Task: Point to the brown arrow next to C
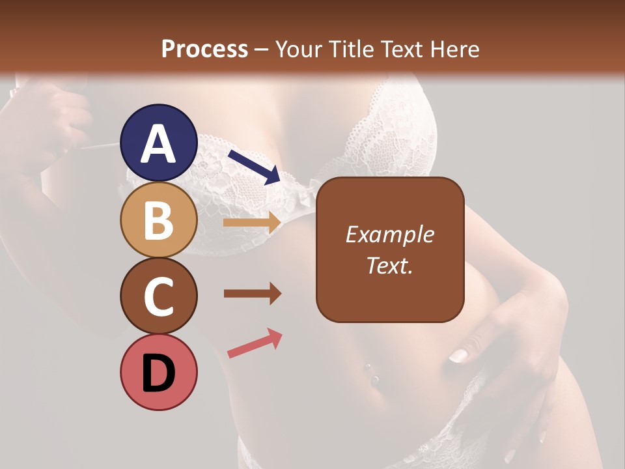tap(253, 294)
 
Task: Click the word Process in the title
tap(204, 49)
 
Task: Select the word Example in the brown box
tap(389, 234)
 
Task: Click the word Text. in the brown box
tap(389, 265)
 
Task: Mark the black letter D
tap(159, 373)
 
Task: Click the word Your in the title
tap(298, 49)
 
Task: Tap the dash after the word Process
tap(262, 50)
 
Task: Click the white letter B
tap(158, 220)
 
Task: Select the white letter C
tap(159, 296)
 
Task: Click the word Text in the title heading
tap(401, 49)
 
